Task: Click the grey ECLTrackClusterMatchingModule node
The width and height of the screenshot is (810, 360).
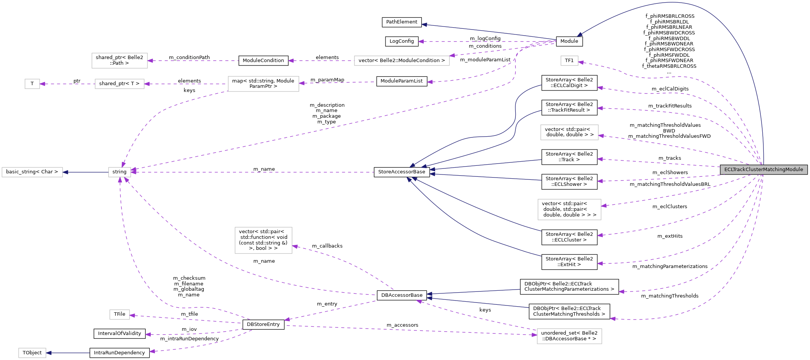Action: pos(763,170)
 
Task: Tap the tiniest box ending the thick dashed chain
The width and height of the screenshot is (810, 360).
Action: pos(32,84)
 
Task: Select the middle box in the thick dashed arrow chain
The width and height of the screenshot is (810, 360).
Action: pos(119,84)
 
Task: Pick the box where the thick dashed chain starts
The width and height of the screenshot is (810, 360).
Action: pos(263,84)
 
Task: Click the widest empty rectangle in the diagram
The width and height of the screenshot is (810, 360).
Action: pos(402,61)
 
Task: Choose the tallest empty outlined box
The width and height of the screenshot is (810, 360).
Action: pos(263,240)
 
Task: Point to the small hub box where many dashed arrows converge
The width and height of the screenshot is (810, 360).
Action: pos(120,172)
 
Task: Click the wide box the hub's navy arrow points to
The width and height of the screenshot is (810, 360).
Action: pos(32,172)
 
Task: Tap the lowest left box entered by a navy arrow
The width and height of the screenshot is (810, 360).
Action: pos(32,353)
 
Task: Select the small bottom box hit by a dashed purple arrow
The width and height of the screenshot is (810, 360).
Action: pos(120,315)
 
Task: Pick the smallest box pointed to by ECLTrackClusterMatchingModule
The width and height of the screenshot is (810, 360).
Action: pos(569,61)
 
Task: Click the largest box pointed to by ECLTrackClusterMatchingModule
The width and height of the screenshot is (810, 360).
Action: pos(569,209)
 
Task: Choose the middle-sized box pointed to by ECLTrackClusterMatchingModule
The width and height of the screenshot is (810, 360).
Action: pos(569,132)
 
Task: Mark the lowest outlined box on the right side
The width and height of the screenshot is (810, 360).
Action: pos(569,336)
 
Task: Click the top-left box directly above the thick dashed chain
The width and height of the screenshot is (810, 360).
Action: pos(120,61)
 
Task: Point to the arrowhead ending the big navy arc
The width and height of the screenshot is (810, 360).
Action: pos(579,35)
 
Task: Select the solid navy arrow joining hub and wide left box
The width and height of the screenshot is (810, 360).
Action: pos(85,172)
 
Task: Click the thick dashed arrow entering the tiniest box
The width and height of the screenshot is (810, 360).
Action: pos(66,84)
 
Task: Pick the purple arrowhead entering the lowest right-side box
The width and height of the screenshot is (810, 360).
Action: pos(534,335)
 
